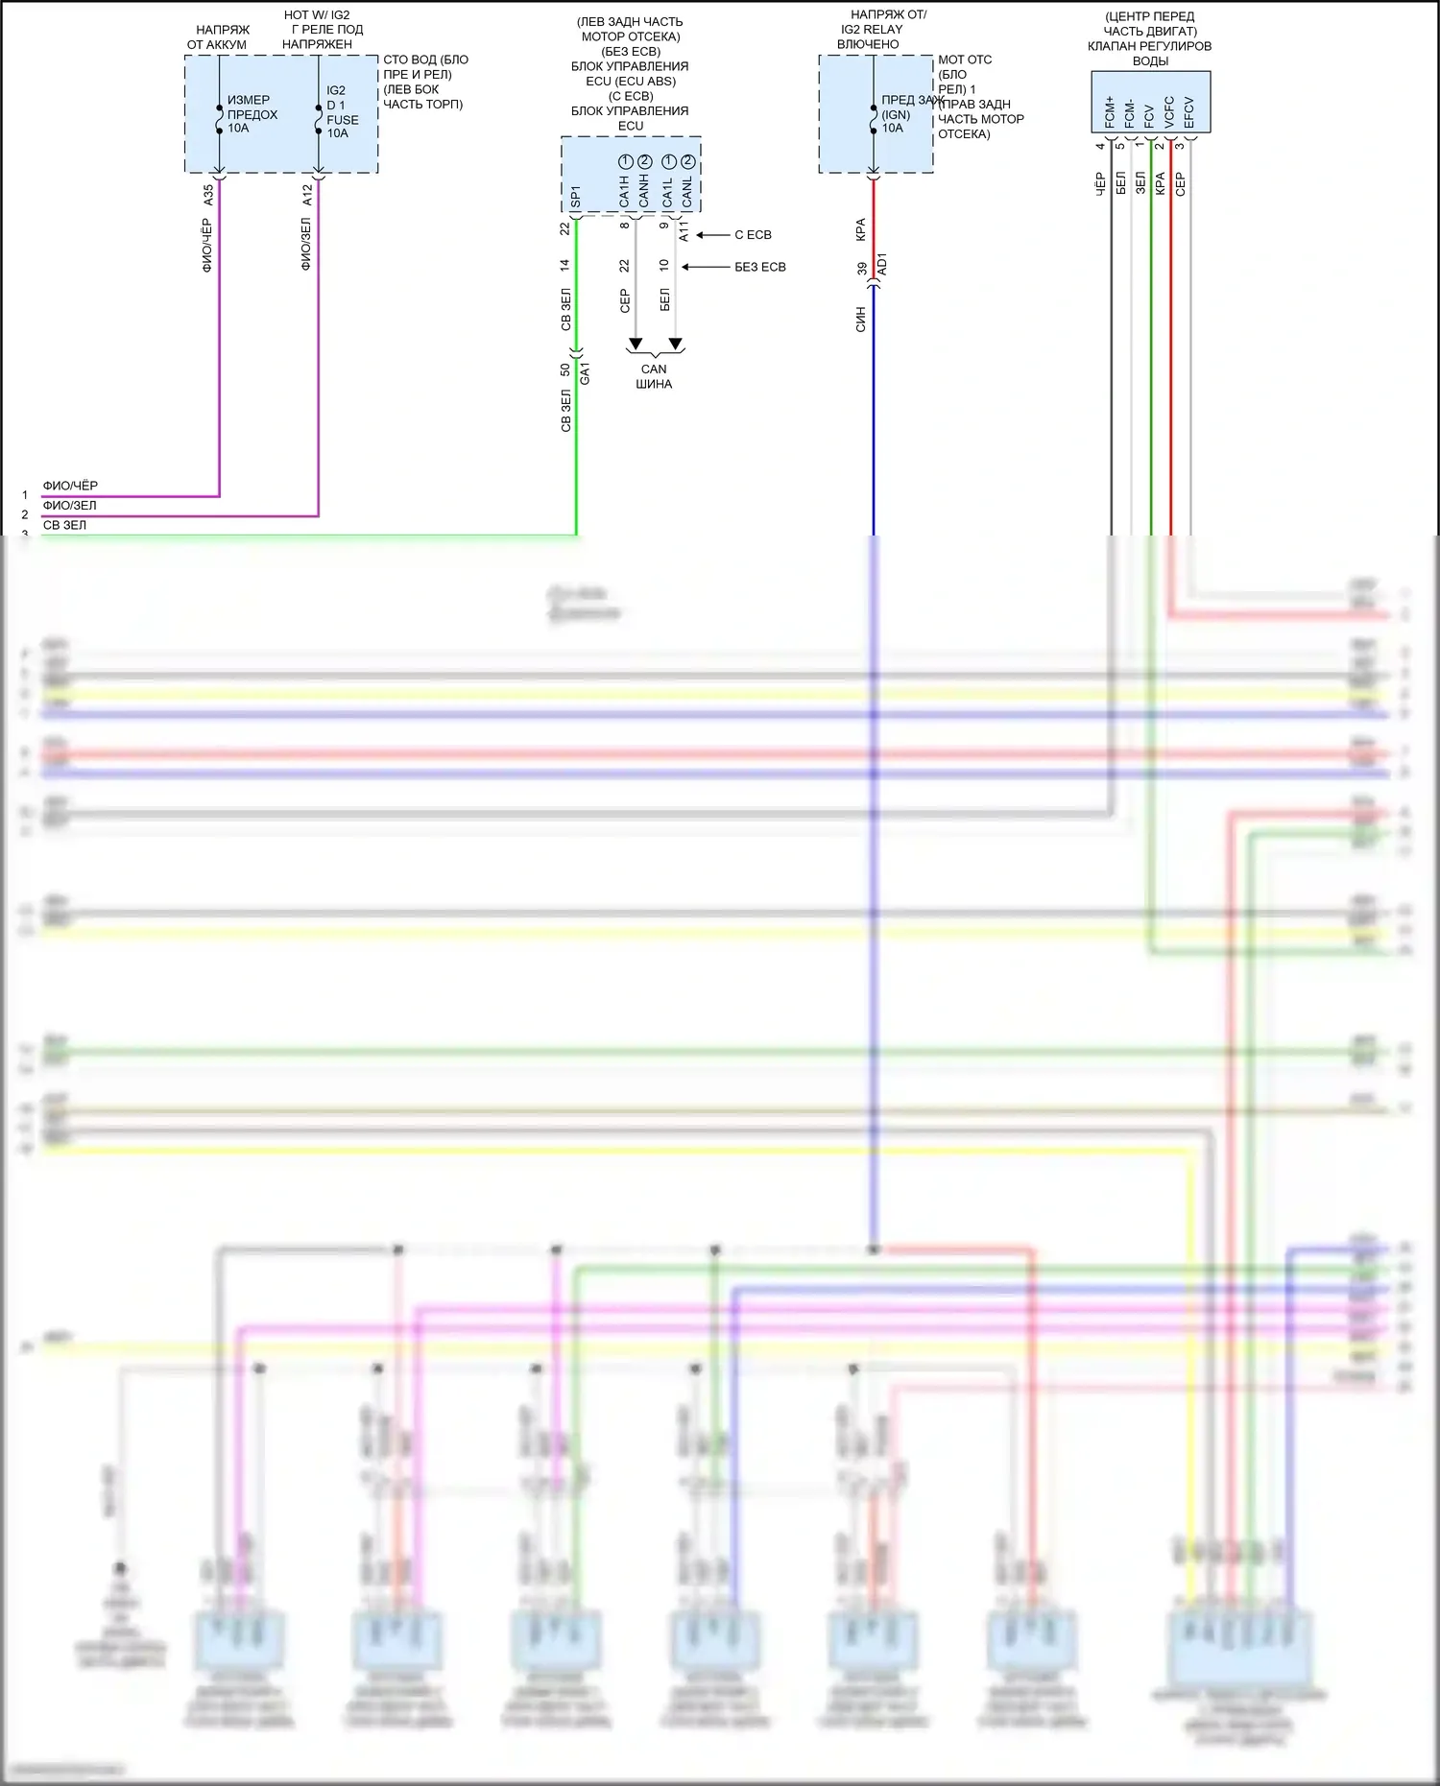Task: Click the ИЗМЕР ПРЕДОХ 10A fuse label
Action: point(252,113)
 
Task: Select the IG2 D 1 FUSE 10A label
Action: point(342,111)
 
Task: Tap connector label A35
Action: point(208,195)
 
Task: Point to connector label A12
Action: point(307,195)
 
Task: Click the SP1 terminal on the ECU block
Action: point(576,197)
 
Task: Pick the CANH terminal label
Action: point(644,190)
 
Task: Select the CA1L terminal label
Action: point(668,191)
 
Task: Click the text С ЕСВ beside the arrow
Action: point(753,235)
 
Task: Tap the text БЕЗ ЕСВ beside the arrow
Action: point(759,268)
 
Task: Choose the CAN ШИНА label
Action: point(654,376)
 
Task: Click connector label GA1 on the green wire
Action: point(586,374)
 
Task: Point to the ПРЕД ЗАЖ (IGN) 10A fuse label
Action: point(898,113)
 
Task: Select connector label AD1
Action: point(883,265)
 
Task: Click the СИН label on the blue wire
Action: point(861,320)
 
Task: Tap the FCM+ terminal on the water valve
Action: point(1110,111)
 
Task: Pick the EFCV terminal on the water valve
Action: point(1189,111)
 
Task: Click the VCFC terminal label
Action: point(1169,111)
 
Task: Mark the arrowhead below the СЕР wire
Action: point(635,344)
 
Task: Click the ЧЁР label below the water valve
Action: point(1101,184)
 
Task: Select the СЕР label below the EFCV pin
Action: point(1181,184)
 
